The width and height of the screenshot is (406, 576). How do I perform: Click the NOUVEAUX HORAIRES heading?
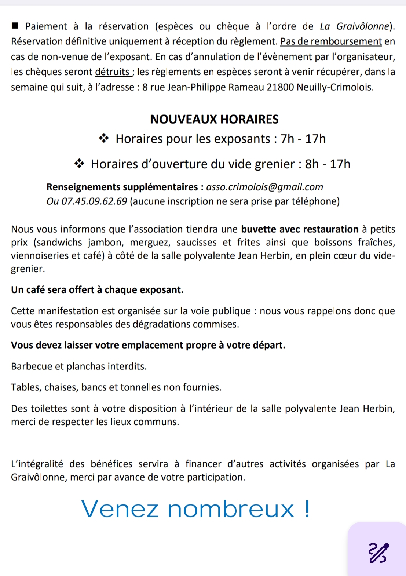coord(214,119)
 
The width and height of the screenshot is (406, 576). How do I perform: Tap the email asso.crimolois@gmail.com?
coord(264,187)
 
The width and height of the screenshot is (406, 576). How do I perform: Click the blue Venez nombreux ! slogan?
coord(195,509)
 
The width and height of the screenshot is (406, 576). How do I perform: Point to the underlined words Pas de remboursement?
coord(331,41)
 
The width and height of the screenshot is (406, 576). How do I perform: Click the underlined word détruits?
coord(112,72)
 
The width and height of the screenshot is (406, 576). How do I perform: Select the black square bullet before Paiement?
coord(15,26)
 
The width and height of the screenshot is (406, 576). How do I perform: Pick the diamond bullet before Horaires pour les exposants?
coord(104,139)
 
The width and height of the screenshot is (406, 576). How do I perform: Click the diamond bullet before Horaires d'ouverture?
coord(79,164)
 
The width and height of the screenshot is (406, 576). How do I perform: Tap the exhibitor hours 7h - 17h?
coord(303,139)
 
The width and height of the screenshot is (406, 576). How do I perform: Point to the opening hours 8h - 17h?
coord(328,164)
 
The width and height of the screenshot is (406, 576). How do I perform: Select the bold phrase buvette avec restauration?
coord(300,229)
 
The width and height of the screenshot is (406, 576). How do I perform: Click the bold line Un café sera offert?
coord(97,290)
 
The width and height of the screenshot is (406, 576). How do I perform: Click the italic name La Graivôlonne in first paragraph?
coord(354,26)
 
